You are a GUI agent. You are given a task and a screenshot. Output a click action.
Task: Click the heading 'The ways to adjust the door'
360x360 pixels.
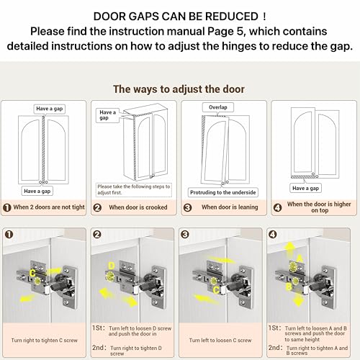179,89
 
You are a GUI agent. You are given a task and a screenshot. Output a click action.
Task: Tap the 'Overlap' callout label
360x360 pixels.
218,107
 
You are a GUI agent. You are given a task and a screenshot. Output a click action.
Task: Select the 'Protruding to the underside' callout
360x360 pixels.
223,192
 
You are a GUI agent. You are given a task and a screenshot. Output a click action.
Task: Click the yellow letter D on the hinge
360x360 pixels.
112,266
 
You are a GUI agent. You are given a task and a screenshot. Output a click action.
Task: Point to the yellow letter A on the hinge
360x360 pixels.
300,258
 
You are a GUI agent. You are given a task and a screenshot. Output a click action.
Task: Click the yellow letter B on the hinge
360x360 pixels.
289,287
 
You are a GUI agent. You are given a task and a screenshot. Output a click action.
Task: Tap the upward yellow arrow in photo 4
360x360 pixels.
290,250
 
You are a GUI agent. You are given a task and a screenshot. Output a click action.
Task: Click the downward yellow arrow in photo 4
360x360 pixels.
298,300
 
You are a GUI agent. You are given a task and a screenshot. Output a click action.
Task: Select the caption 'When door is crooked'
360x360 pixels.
138,207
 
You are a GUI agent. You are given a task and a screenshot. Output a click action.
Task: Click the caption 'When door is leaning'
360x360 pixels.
230,207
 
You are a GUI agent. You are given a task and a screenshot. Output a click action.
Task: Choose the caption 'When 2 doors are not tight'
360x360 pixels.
49,207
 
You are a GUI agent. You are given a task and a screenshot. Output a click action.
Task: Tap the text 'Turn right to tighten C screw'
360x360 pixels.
45,341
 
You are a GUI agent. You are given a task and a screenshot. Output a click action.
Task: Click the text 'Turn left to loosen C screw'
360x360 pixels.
220,341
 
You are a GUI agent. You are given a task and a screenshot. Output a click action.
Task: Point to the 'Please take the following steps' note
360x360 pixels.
134,189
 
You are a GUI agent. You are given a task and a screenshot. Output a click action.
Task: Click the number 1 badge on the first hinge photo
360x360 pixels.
9,235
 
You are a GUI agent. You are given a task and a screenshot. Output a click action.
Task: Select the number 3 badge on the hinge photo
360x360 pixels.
185,235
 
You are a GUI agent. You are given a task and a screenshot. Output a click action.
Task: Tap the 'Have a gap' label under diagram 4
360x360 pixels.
305,188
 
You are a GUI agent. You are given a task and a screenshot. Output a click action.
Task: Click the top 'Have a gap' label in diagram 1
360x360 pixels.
50,109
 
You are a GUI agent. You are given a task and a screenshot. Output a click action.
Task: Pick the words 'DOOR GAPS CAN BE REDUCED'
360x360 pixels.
176,17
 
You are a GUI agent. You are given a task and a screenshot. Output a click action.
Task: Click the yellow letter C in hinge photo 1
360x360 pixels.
32,273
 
